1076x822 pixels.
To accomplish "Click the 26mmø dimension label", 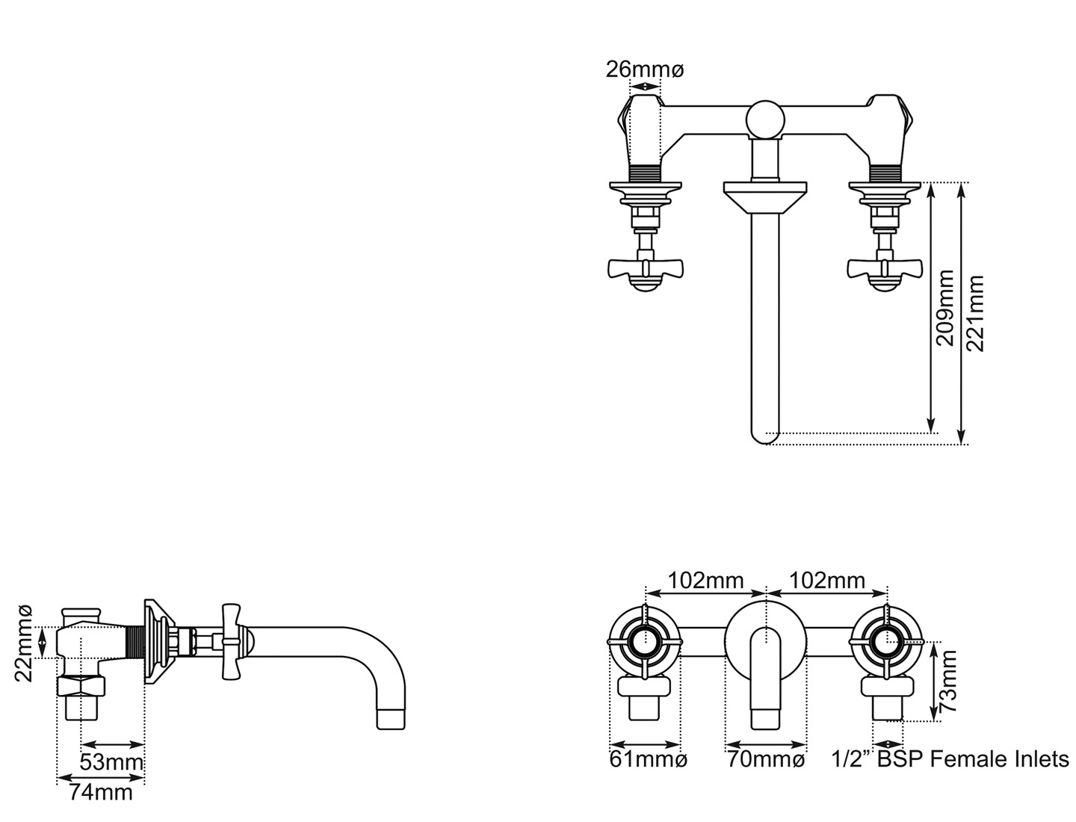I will (x=644, y=69).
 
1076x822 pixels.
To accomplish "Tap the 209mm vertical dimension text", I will (x=946, y=307).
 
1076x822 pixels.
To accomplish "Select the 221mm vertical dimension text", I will (x=975, y=313).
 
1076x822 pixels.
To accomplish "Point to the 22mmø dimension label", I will (x=24, y=643).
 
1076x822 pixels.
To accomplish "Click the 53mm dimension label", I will (x=111, y=764).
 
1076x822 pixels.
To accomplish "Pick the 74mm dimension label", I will (x=100, y=792).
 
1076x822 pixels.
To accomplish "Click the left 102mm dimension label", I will (x=705, y=580).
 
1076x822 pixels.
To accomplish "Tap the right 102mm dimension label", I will (x=827, y=580).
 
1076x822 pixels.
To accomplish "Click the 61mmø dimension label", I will (x=648, y=760).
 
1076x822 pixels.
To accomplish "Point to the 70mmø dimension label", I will (x=766, y=760).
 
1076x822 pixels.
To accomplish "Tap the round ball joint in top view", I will (x=765, y=119).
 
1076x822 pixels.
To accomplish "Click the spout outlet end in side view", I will (x=391, y=719).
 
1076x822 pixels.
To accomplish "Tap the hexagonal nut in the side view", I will (x=82, y=686).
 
